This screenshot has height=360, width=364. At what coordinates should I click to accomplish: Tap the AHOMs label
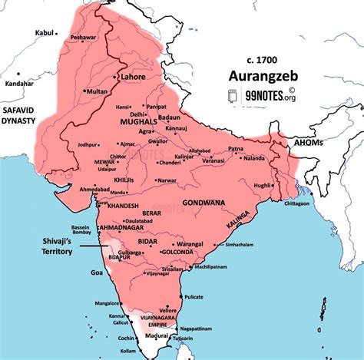(323, 143)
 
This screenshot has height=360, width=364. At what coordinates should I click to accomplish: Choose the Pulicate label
(196, 296)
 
